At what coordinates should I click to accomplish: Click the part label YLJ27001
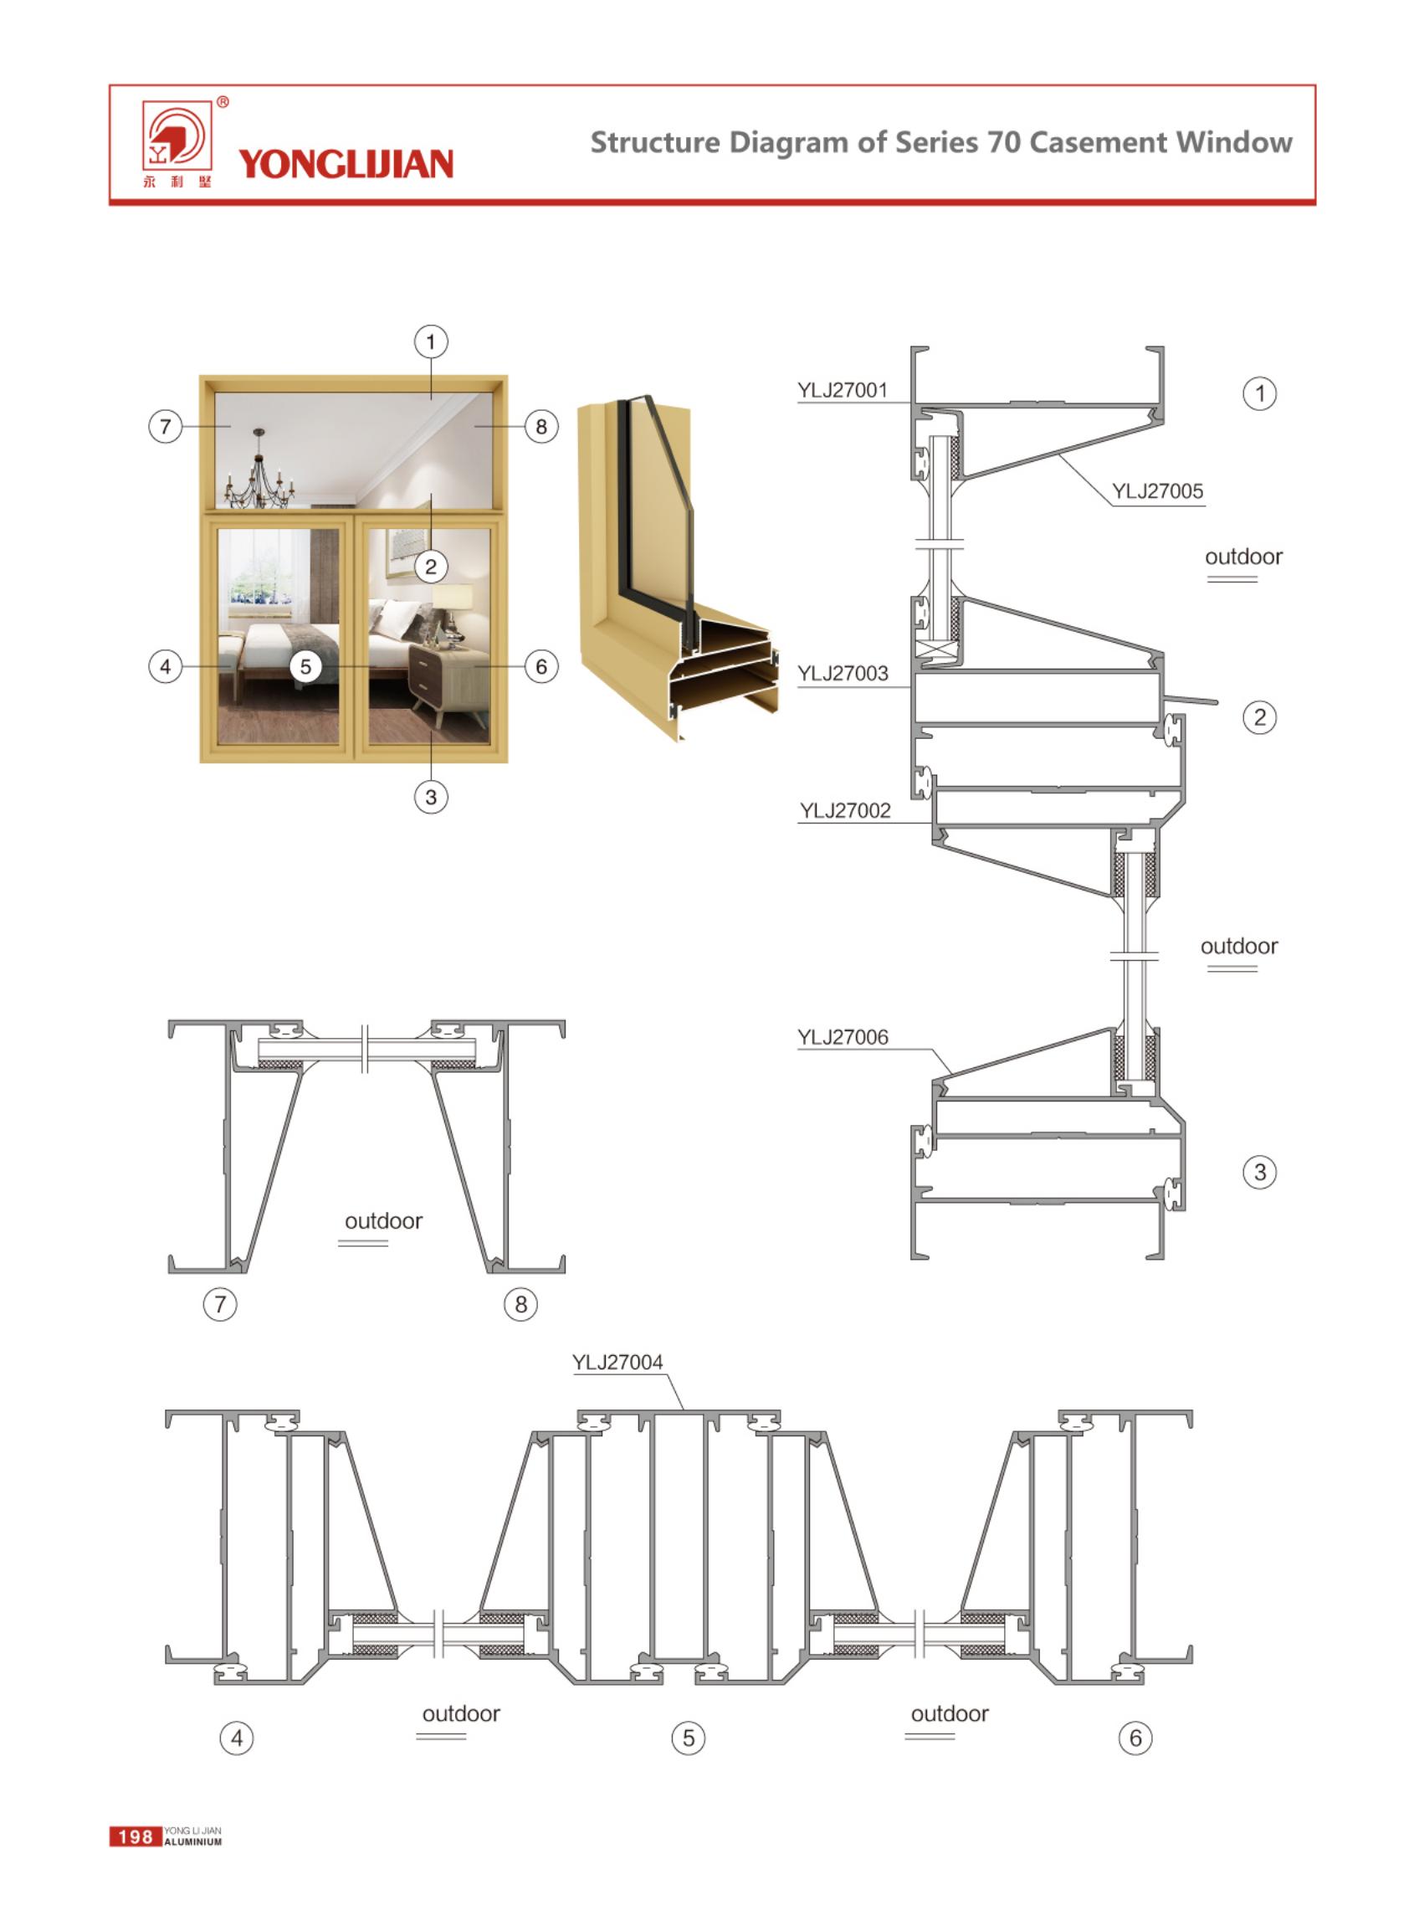[843, 391]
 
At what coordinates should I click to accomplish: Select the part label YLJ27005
[1157, 491]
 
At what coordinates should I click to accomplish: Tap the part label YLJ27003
[843, 673]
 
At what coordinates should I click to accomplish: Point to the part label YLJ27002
[845, 810]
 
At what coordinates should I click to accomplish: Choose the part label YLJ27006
[843, 1037]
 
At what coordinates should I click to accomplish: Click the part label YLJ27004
[617, 1363]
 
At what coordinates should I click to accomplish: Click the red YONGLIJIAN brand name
[346, 164]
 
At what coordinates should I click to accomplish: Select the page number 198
[136, 1836]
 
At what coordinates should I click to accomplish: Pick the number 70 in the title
[1004, 142]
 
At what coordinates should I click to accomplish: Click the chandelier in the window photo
[259, 470]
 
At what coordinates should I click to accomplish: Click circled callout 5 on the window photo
[305, 666]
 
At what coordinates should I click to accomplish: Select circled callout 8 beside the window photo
[541, 427]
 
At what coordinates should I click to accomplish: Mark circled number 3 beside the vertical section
[1259, 1172]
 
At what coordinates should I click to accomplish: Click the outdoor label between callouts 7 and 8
[383, 1221]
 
